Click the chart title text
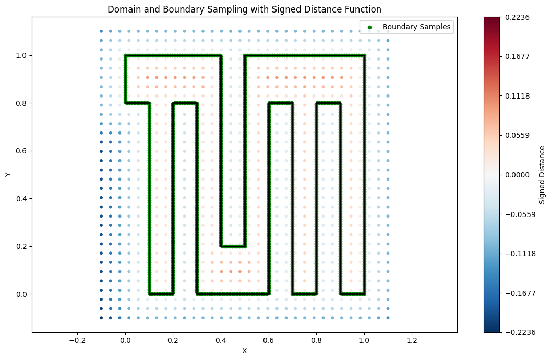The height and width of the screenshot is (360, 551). click(244, 9)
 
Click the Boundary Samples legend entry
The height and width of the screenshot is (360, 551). click(416, 26)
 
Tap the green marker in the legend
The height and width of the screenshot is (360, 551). click(370, 27)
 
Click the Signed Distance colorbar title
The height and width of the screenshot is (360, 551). click(542, 175)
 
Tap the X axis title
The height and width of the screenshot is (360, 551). click(244, 351)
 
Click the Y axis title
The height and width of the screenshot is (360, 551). click(8, 175)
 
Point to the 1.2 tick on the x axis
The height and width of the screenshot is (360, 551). click(412, 340)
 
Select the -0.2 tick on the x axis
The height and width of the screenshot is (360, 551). click(77, 340)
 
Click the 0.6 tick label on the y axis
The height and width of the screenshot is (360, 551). click(21, 151)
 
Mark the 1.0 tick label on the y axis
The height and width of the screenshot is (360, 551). click(21, 55)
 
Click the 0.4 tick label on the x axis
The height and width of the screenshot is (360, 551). click(221, 340)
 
